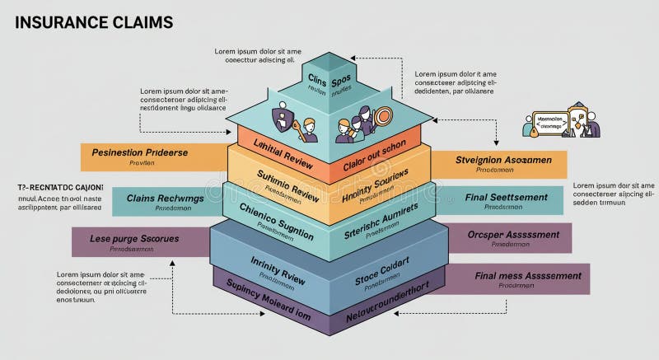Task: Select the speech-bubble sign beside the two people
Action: click(x=549, y=122)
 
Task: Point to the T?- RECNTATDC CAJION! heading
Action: click(x=54, y=187)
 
